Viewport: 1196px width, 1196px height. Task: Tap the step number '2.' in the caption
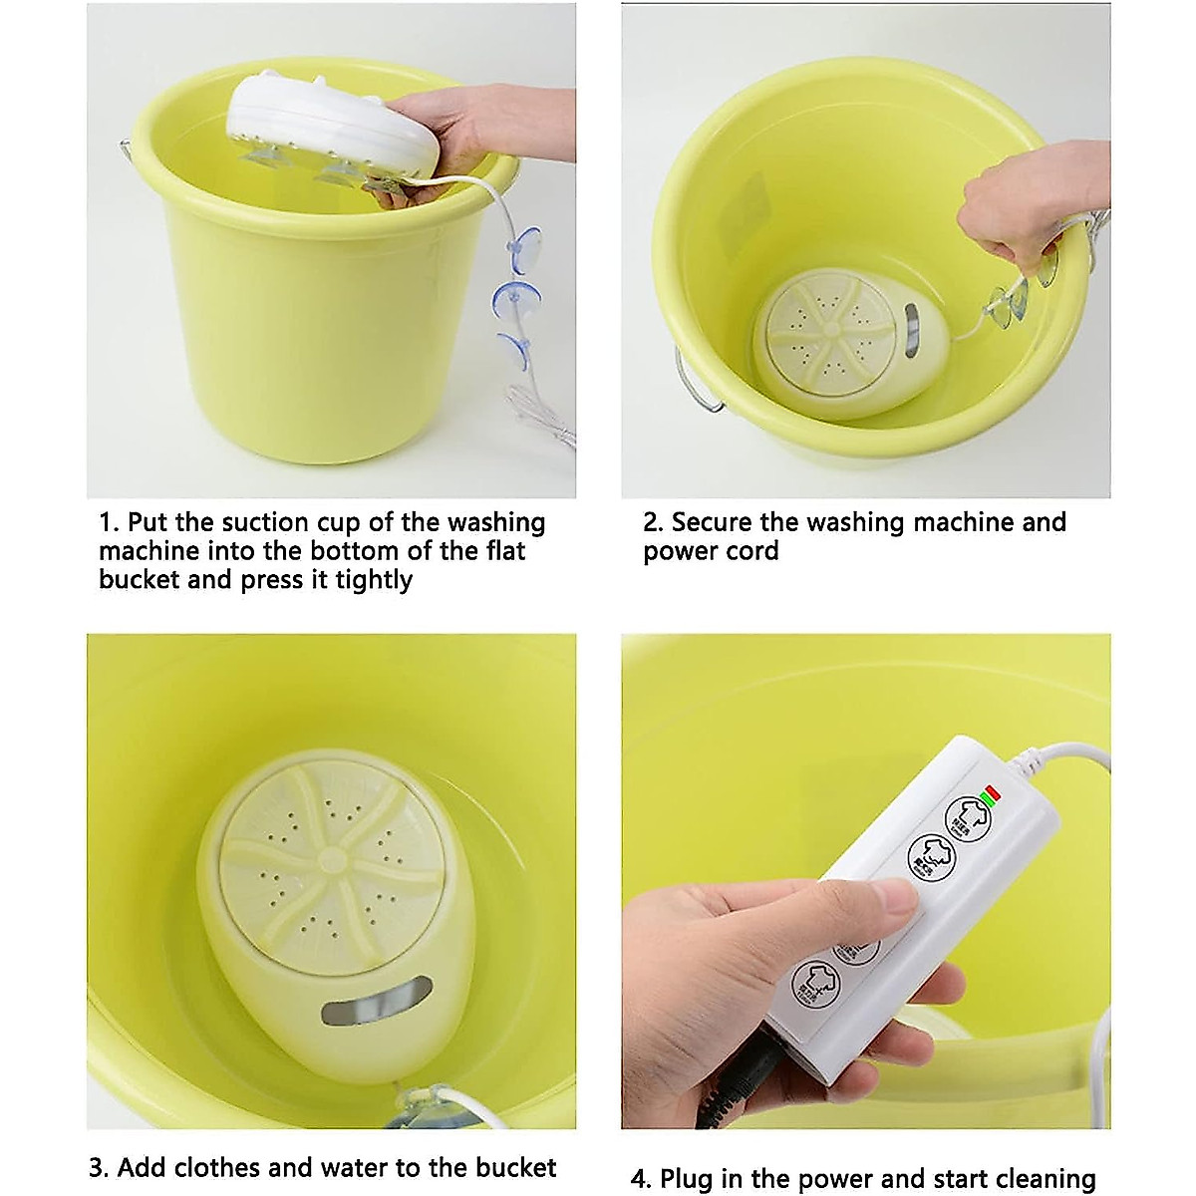click(x=653, y=523)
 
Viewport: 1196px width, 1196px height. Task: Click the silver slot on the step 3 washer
click(x=376, y=1002)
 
